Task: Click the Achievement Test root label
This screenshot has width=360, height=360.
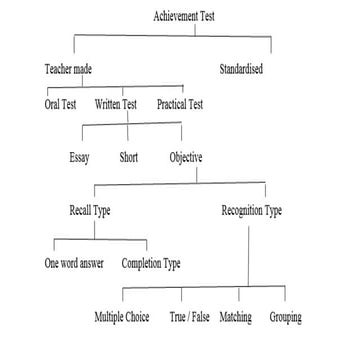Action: click(x=186, y=17)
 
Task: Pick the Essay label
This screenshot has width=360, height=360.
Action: click(x=80, y=158)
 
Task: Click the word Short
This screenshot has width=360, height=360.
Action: click(x=130, y=158)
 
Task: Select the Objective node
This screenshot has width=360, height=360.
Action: click(x=187, y=158)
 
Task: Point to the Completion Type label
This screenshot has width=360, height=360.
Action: click(x=151, y=265)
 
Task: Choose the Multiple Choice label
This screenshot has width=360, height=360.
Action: click(x=125, y=319)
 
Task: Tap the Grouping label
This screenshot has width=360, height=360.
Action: click(x=285, y=319)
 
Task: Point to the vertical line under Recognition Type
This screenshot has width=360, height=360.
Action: click(x=247, y=255)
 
